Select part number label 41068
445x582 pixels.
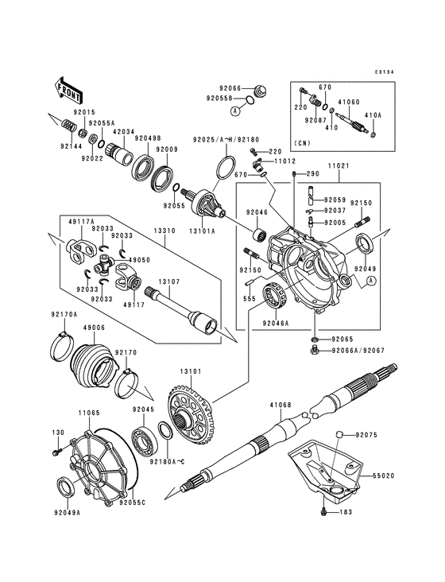pos(281,405)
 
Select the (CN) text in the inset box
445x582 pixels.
pos(302,144)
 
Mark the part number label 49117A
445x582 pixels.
pos(80,221)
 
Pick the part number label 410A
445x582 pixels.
pos(373,114)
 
